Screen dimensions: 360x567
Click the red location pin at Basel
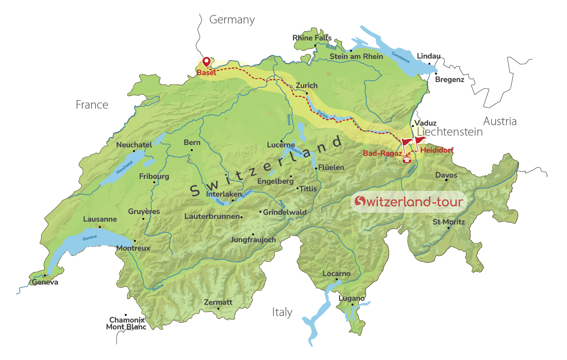206,61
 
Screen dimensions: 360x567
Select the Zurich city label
306,86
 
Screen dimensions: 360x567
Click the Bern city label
192,142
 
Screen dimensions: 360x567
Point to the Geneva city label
45,282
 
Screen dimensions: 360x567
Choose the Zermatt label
218,302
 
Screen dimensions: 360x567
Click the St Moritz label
448,222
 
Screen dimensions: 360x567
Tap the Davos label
446,175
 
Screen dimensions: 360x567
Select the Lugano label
351,298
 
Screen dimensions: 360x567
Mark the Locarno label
336,274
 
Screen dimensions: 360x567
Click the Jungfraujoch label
253,240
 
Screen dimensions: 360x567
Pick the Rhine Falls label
312,38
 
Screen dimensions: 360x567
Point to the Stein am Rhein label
356,57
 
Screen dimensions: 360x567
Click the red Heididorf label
437,150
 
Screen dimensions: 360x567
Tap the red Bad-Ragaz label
382,153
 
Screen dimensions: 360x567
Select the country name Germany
232,20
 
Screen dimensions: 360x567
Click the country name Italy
282,312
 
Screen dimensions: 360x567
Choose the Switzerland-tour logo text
409,201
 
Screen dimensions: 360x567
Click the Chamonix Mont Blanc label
126,324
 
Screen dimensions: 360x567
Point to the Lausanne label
100,219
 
